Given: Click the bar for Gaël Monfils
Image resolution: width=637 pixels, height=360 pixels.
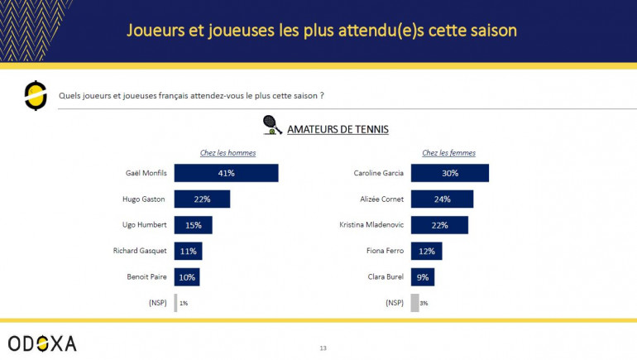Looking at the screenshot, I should (226, 173).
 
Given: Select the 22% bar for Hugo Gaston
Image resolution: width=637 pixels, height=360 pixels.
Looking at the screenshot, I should (202, 199).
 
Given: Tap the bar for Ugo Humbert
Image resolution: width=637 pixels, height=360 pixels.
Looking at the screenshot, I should (193, 225).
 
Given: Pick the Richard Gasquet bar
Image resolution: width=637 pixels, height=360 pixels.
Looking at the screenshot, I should (188, 251).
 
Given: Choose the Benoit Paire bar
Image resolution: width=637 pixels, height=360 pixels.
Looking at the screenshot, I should (187, 276).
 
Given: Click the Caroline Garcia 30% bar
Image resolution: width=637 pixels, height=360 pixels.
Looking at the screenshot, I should (449, 173).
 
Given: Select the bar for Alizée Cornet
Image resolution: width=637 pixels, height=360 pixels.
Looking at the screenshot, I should (442, 199).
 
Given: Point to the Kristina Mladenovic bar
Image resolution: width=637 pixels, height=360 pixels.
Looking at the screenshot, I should (439, 225).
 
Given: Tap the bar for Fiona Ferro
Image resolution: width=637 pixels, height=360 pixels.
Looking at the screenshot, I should (426, 251).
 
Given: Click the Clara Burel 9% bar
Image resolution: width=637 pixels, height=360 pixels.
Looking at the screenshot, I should (423, 276).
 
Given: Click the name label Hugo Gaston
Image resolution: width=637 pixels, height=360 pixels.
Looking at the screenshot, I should (144, 199).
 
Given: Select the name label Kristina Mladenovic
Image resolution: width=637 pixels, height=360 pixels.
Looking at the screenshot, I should (372, 225).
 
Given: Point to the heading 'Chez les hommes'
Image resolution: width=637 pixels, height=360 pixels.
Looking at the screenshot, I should (228, 152).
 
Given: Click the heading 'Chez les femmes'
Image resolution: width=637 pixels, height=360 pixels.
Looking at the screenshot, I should (449, 152).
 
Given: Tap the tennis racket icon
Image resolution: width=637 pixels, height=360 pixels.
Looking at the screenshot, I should (271, 125).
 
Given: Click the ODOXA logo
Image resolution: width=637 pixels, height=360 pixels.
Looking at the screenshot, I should (42, 343).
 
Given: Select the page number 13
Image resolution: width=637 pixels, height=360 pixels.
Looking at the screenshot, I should (323, 348).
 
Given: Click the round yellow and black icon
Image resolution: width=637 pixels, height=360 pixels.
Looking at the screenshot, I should (36, 96).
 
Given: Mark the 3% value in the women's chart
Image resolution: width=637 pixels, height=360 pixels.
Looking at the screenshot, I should (424, 304).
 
